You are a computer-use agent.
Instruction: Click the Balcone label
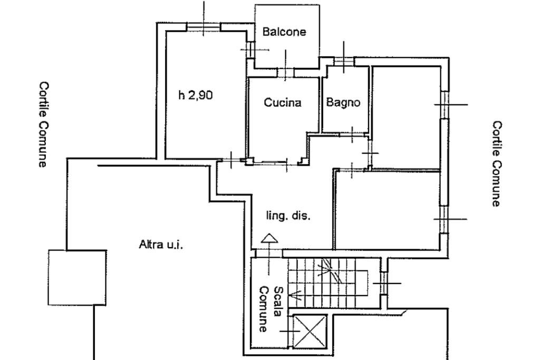[284, 32]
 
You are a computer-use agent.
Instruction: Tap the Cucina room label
[283, 102]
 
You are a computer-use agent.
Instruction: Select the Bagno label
[343, 102]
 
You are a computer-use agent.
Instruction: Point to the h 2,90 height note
[195, 95]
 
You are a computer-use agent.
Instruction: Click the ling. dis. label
[288, 216]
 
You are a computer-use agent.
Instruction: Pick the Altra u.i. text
[161, 245]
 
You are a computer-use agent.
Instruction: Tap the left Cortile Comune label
[43, 124]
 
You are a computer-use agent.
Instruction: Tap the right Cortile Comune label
[496, 163]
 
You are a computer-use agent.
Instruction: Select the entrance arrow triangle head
[269, 239]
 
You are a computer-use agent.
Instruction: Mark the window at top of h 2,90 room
[204, 26]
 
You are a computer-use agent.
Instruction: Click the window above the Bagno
[344, 61]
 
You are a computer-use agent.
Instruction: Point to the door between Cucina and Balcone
[285, 73]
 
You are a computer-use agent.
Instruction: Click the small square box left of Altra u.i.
[77, 277]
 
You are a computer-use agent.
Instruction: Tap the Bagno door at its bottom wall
[352, 134]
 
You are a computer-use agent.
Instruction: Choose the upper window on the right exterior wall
[445, 105]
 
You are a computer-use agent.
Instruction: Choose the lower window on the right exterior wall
[445, 219]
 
